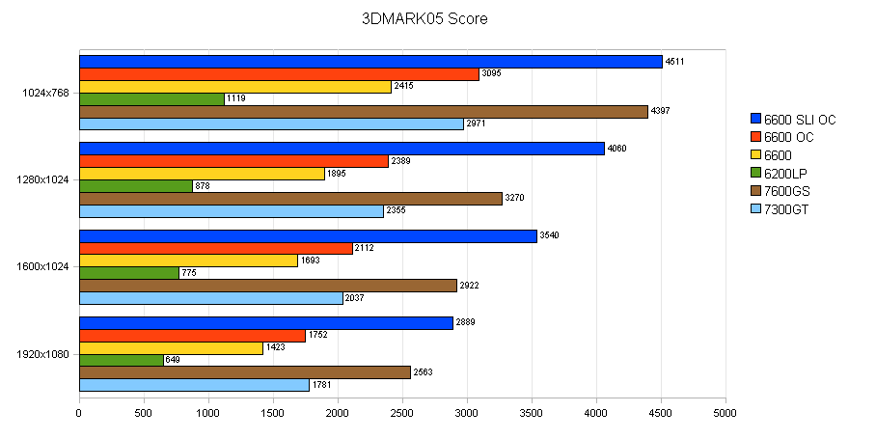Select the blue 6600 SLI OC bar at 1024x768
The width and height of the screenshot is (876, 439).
tap(370, 62)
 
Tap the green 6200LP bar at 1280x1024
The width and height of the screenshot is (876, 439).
tap(136, 186)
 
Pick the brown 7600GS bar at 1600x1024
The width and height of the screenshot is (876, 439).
tap(268, 286)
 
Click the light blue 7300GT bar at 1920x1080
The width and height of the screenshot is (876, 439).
tap(194, 385)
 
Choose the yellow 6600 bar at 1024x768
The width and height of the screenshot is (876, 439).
tap(235, 87)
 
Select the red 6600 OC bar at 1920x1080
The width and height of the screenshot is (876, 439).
tap(192, 336)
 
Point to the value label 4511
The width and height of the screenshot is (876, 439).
tap(675, 62)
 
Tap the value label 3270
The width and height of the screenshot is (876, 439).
tap(516, 199)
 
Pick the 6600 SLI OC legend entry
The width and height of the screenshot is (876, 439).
tap(799, 120)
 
